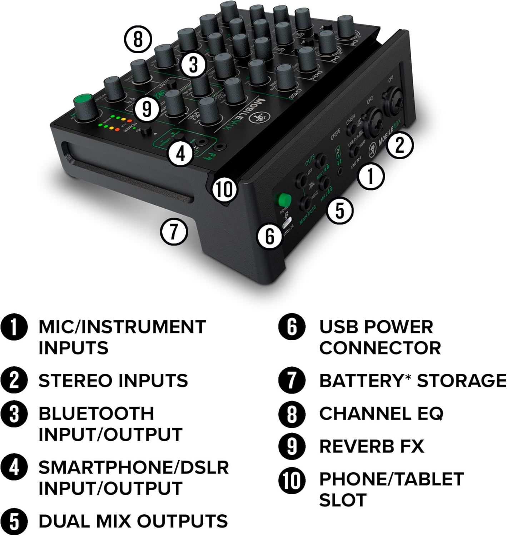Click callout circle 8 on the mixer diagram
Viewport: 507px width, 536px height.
click(138, 39)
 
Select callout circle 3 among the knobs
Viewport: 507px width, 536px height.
click(193, 66)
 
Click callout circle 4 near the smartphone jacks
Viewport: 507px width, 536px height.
click(181, 154)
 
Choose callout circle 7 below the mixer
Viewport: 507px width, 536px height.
click(174, 231)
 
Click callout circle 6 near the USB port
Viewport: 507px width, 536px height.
click(270, 236)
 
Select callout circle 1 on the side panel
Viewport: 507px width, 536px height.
click(371, 176)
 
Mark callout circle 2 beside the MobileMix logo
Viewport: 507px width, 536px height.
click(400, 145)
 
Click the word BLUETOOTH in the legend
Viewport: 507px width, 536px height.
click(96, 414)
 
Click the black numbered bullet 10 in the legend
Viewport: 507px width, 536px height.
click(292, 480)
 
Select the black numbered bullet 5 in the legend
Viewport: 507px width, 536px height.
click(14, 521)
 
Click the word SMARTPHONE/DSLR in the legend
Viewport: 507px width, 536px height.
click(133, 467)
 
